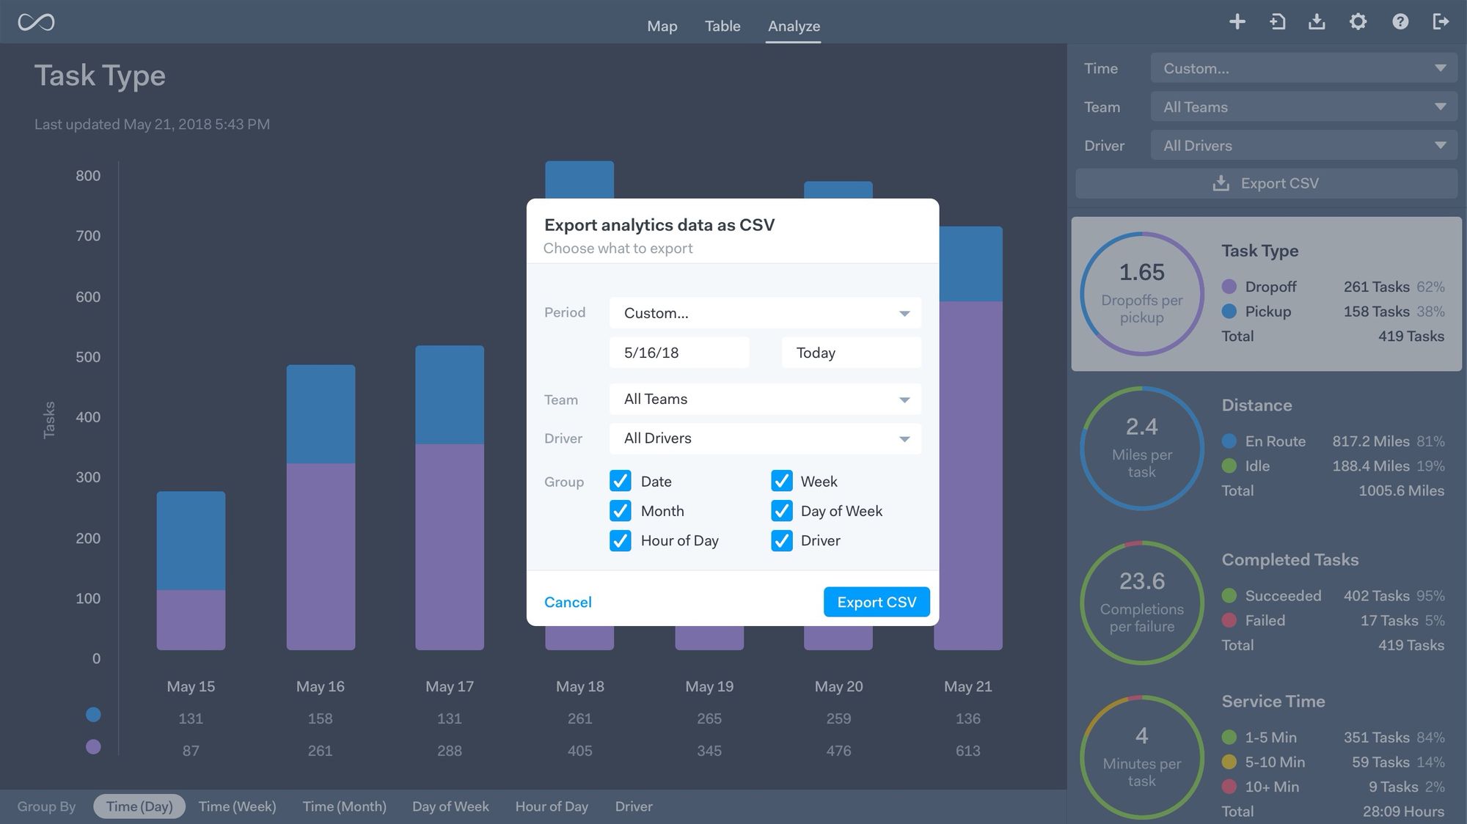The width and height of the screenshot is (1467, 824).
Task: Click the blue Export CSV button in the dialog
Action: [x=876, y=602]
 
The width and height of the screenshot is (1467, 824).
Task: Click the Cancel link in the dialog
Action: [x=568, y=602]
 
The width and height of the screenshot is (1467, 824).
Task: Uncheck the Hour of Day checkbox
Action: [x=621, y=541]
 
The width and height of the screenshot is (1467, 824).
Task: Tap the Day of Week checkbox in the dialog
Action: [x=782, y=511]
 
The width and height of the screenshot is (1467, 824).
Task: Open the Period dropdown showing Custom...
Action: [x=764, y=313]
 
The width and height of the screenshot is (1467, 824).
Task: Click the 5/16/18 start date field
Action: [x=678, y=353]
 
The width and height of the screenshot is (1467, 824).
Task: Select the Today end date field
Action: [x=851, y=353]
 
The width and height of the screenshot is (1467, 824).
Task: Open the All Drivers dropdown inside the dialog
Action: [x=764, y=438]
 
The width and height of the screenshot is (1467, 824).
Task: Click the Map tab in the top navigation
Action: [x=662, y=26]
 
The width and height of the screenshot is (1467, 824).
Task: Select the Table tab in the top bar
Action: [x=722, y=26]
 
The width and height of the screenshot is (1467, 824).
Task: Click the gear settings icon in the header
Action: [x=1358, y=22]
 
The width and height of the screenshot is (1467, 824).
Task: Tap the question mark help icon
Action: [x=1400, y=22]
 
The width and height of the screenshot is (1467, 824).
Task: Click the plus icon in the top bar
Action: [x=1237, y=22]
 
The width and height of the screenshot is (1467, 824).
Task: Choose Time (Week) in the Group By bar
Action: [x=237, y=806]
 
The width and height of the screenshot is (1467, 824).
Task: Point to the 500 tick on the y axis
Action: [x=88, y=357]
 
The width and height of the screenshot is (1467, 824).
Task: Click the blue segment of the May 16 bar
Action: [x=321, y=414]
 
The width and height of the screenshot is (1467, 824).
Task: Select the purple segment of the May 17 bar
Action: [x=450, y=546]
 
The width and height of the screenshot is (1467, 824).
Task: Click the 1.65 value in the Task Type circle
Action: [x=1141, y=273]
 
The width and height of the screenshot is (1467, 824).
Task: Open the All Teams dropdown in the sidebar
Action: [x=1303, y=107]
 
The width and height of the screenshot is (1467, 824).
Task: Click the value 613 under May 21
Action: [x=967, y=751]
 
